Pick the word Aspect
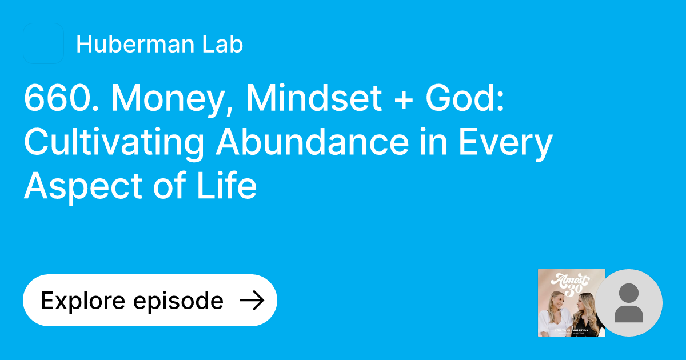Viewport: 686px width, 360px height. click(x=86, y=186)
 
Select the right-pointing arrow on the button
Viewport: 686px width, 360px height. click(x=251, y=301)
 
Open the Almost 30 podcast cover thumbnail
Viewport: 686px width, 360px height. click(x=571, y=302)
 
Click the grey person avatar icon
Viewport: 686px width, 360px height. click(x=629, y=302)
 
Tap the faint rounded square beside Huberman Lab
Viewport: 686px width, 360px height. click(x=43, y=43)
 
